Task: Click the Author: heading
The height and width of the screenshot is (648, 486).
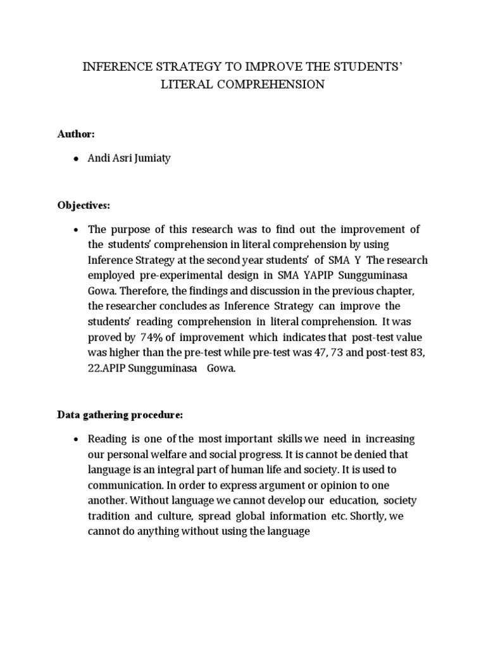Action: click(76, 135)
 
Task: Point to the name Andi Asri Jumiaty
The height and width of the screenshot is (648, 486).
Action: click(129, 159)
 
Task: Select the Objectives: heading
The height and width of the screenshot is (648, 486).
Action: click(84, 206)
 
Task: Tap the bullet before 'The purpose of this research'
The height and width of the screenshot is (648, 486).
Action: click(76, 230)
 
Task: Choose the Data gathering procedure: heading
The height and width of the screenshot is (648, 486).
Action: click(120, 415)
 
